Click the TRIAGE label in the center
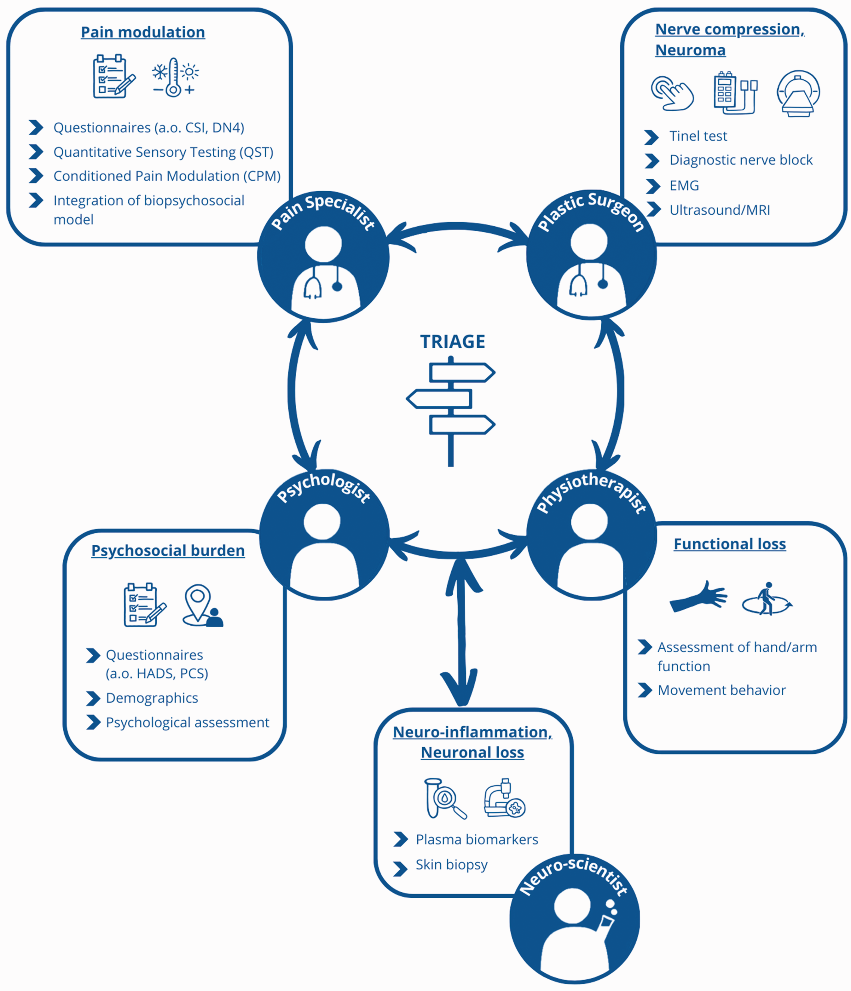(453, 341)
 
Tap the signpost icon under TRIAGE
(451, 412)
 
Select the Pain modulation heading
(143, 32)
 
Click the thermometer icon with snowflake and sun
(175, 78)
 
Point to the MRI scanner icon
(798, 93)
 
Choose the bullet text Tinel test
(698, 136)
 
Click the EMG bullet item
(684, 186)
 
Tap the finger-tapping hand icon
(672, 93)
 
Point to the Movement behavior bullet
(721, 690)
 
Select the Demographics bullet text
(152, 698)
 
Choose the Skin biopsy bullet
(452, 865)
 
